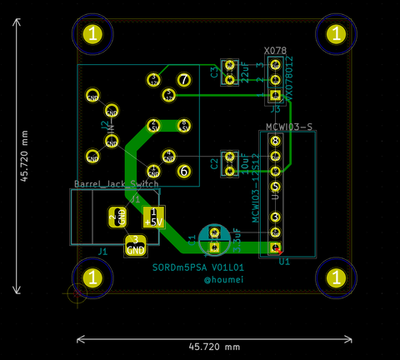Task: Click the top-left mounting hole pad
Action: pos(93,34)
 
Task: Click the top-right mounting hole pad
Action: pos(336,34)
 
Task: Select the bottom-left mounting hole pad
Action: pos(93,277)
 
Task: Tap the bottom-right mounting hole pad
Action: pos(336,277)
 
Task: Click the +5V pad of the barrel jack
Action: pos(154,217)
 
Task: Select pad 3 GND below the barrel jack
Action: pos(136,245)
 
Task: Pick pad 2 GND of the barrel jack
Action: pos(117,217)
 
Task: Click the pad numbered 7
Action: pos(183,81)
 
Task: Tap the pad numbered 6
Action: pos(184,171)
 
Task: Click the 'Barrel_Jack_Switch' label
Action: pos(117,183)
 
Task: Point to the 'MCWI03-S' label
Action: pos(288,127)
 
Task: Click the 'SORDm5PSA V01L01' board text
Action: pos(197,267)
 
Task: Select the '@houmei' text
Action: pos(223,281)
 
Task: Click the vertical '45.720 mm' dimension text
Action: pos(24,155)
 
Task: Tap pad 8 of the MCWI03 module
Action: pos(276,142)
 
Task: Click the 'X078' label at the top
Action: pos(275,51)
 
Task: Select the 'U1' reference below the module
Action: pos(284,261)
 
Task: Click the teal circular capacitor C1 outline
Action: pos(214,237)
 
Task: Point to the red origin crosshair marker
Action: pos(77,292)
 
